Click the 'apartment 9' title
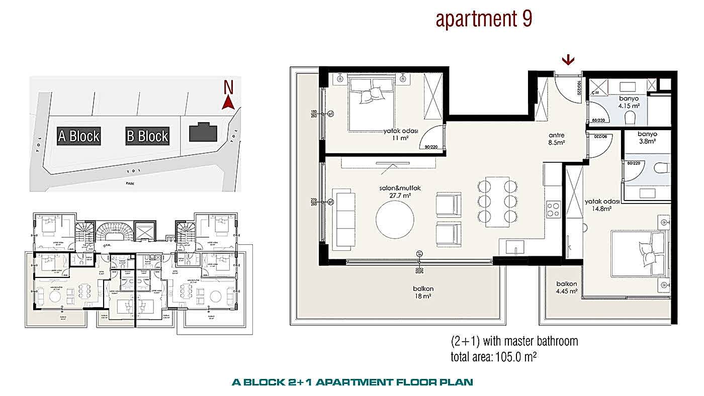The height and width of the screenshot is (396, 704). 484,20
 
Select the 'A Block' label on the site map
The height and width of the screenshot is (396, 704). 78,136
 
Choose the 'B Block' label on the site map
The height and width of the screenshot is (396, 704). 147,136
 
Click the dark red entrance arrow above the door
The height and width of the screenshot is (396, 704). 568,60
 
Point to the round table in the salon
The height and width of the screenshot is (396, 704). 395,219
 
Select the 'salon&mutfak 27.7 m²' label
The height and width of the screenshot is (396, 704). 400,191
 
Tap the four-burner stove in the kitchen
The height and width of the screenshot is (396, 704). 553,209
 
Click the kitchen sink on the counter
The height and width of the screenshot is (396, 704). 512,247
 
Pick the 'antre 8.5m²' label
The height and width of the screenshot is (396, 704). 557,139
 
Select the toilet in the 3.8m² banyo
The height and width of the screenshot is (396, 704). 661,168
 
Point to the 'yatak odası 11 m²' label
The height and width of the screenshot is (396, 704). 400,135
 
